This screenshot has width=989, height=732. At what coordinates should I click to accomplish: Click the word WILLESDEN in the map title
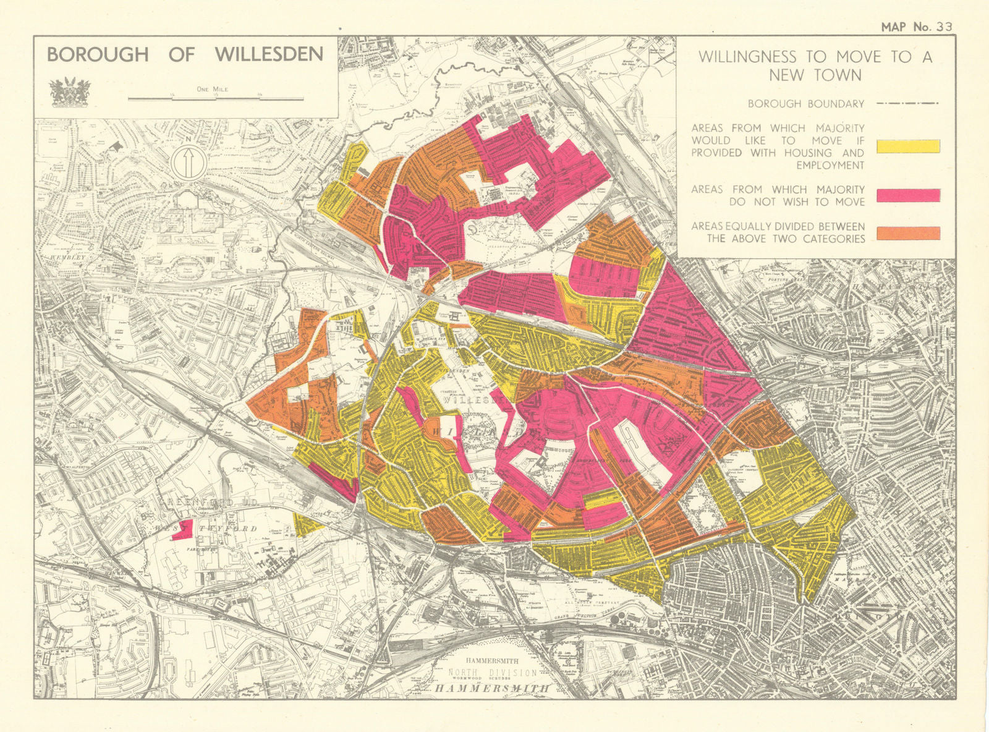click(x=269, y=54)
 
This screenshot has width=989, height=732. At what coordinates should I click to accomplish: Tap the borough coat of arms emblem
click(x=69, y=91)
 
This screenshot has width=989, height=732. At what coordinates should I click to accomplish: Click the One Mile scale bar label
click(x=212, y=89)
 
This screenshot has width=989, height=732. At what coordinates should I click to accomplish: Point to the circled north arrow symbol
click(x=190, y=163)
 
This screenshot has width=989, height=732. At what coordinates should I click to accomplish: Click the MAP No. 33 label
click(x=917, y=27)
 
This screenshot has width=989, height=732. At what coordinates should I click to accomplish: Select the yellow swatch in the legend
click(x=908, y=147)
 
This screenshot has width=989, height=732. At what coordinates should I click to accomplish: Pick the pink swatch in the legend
click(x=908, y=196)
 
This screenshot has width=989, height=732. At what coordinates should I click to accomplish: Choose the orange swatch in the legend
click(x=908, y=233)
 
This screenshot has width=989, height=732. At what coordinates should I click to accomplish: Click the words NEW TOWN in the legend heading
click(x=815, y=75)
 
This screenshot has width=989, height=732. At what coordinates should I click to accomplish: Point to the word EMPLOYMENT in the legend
click(x=830, y=166)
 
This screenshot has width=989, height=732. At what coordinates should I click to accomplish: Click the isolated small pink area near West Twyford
click(x=183, y=530)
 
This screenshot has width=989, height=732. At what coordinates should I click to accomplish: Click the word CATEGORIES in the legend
click(x=834, y=239)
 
